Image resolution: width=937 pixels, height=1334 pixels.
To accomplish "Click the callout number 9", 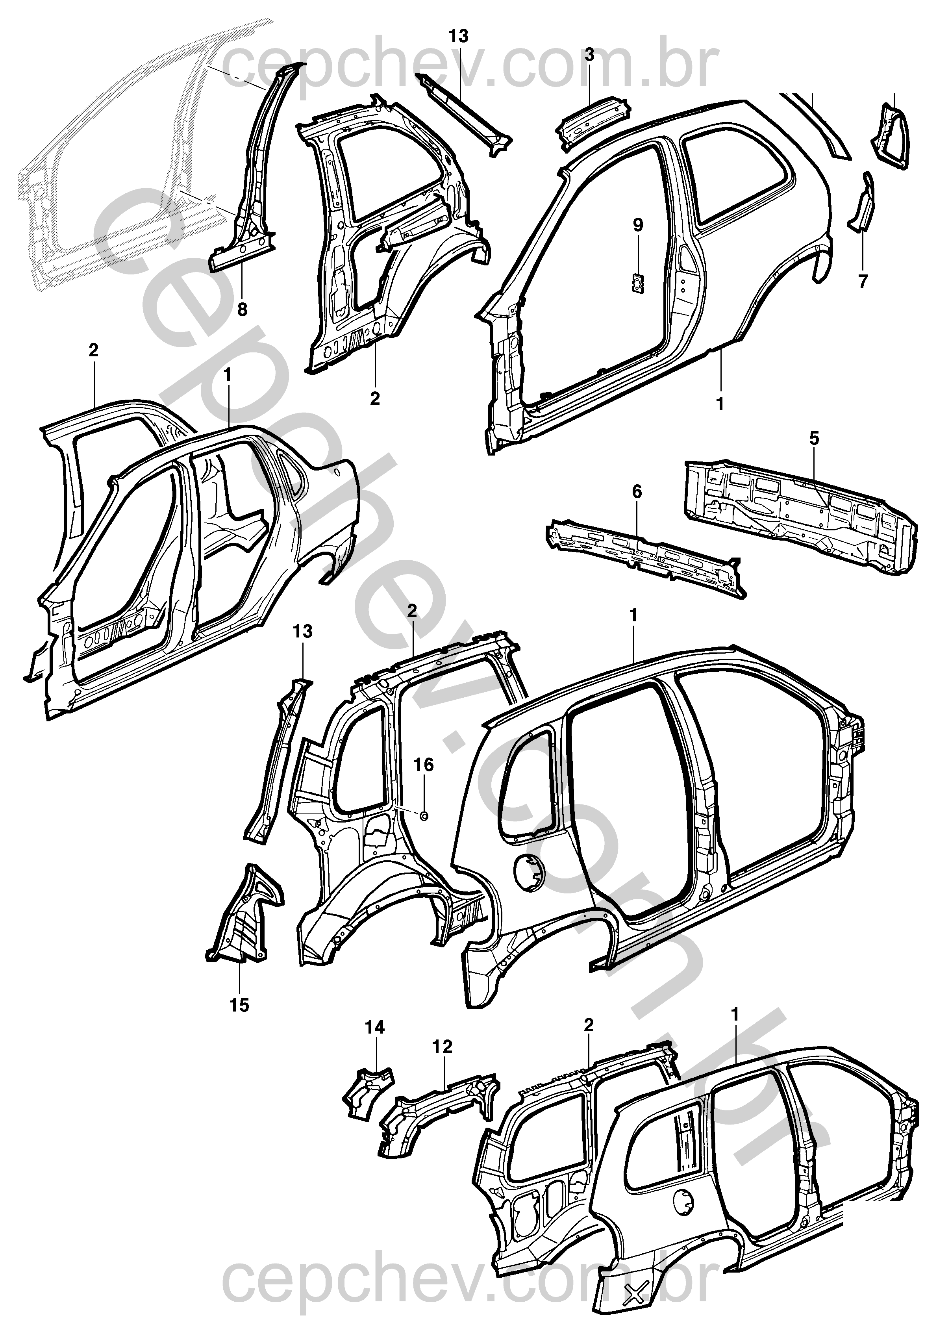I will point(638,225).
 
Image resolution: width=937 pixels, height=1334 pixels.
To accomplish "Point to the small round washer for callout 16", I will point(424,816).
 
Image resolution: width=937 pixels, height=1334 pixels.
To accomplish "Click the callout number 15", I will point(239,1004).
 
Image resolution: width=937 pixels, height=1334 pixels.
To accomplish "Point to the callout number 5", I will point(814,439).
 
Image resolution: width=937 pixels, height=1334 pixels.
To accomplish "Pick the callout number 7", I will point(863,282).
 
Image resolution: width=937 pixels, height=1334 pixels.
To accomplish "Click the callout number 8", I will point(242,309).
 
